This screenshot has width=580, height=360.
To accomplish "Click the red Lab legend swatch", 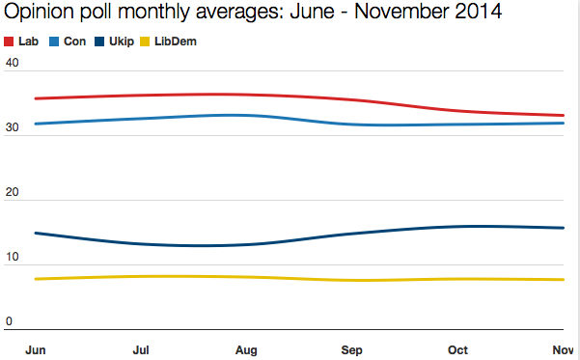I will (x=10, y=42).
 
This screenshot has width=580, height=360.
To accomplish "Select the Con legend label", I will (x=75, y=42).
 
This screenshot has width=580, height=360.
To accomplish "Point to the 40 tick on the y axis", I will (x=13, y=63).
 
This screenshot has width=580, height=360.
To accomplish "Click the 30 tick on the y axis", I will (x=13, y=127).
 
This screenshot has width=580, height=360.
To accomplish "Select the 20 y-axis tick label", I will (x=13, y=193).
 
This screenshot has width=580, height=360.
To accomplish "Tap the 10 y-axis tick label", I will (x=13, y=258).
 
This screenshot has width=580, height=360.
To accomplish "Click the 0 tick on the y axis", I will (x=10, y=321).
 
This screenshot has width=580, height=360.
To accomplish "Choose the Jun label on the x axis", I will (x=36, y=349).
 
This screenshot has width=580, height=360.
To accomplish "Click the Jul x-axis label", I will (x=140, y=349).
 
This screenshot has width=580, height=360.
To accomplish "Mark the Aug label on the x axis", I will (x=246, y=349).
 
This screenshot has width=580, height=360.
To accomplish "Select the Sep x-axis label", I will (x=352, y=349).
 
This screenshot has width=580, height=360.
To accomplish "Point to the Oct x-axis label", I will (x=457, y=349).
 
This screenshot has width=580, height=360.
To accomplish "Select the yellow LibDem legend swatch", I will (x=147, y=42).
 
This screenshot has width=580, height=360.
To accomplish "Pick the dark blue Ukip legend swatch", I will (x=100, y=42).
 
